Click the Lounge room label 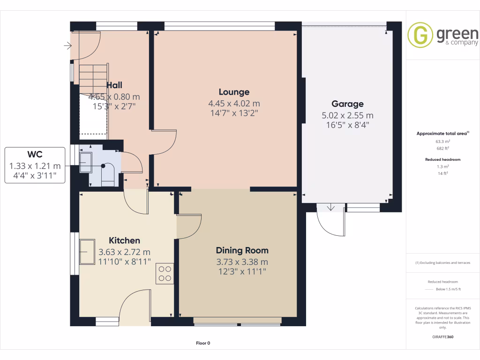pos(234,92)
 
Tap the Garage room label pos(347,104)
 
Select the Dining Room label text pos(242,250)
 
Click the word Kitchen pos(124,240)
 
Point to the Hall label pos(114,85)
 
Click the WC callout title pos(35,154)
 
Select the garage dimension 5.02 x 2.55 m pos(347,115)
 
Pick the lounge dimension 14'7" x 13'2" pos(234,113)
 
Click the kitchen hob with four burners pos(165,274)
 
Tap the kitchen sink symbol pos(87,252)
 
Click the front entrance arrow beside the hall pos(68,46)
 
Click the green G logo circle pos(420,35)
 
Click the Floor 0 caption pos(203,343)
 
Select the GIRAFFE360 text pos(443,337)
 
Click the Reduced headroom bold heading pos(443,159)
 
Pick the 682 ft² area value pos(443,148)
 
